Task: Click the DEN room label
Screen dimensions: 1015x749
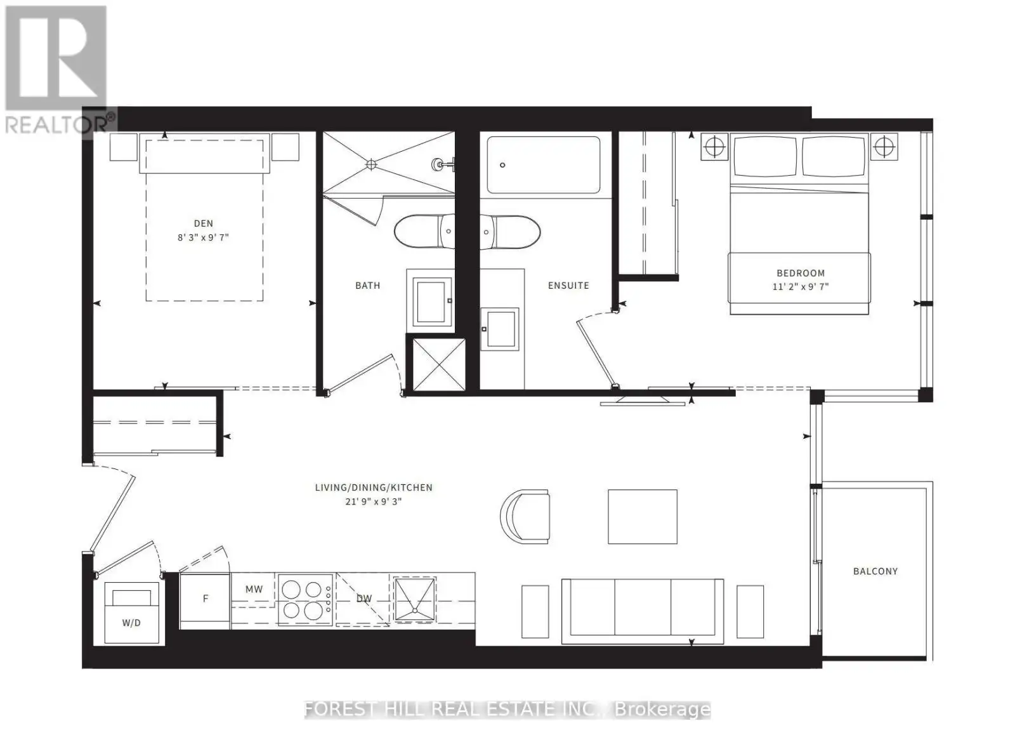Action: click(x=204, y=223)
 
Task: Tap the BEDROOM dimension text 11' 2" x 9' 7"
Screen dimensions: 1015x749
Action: click(x=801, y=286)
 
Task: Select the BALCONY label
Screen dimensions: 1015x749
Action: click(x=875, y=571)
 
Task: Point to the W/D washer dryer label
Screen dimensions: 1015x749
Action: click(x=131, y=623)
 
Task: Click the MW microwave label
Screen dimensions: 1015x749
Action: click(x=254, y=589)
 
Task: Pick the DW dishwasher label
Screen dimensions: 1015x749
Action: click(x=364, y=599)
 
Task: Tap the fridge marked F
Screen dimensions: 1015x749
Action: click(x=206, y=600)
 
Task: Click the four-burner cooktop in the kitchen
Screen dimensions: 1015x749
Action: click(x=305, y=600)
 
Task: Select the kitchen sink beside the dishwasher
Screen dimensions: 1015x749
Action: click(x=414, y=599)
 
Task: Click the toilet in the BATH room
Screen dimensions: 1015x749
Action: click(x=424, y=231)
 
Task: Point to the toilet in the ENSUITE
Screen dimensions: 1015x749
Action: click(x=510, y=232)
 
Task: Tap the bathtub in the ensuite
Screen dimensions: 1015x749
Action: click(x=543, y=165)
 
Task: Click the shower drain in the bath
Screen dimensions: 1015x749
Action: click(x=370, y=164)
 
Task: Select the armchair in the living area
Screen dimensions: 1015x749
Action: click(x=525, y=517)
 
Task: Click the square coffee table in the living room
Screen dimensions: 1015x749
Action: click(x=643, y=517)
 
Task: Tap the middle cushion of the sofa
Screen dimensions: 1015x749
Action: click(x=643, y=607)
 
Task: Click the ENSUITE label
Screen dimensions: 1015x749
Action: click(x=568, y=286)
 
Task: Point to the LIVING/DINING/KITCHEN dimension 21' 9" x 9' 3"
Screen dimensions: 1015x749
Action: click(x=374, y=502)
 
